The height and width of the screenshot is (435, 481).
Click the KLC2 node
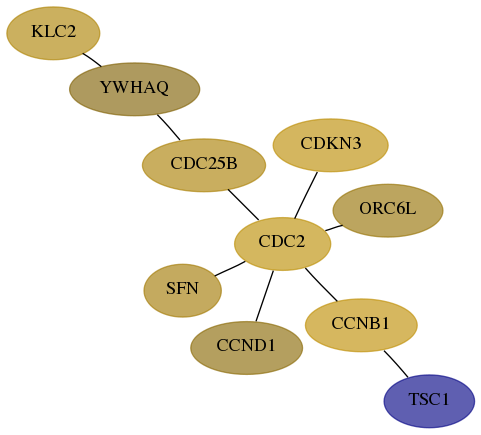[53, 33]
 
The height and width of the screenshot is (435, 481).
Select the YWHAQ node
[134, 89]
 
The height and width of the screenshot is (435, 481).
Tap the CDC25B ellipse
[204, 165]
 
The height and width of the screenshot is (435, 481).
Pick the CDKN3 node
[330, 145]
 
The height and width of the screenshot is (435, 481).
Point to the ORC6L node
[388, 210]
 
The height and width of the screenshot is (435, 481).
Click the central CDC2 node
[283, 244]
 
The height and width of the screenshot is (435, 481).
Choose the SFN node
[183, 290]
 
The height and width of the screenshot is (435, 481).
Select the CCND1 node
[246, 348]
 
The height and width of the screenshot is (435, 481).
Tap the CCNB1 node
[361, 325]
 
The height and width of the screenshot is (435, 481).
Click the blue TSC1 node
[429, 401]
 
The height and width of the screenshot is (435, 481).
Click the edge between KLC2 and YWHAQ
[92, 60]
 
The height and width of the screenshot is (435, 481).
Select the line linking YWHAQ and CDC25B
[169, 127]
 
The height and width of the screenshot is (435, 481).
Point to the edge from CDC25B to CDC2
[243, 205]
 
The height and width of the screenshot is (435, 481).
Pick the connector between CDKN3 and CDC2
[306, 195]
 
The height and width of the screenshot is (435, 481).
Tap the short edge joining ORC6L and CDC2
[334, 228]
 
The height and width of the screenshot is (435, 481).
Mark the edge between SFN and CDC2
[230, 269]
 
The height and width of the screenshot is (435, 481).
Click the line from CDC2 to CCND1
[265, 296]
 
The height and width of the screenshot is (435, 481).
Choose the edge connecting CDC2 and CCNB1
[321, 284]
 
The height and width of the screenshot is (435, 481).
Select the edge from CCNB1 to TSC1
[396, 364]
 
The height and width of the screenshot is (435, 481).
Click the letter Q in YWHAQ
[162, 88]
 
